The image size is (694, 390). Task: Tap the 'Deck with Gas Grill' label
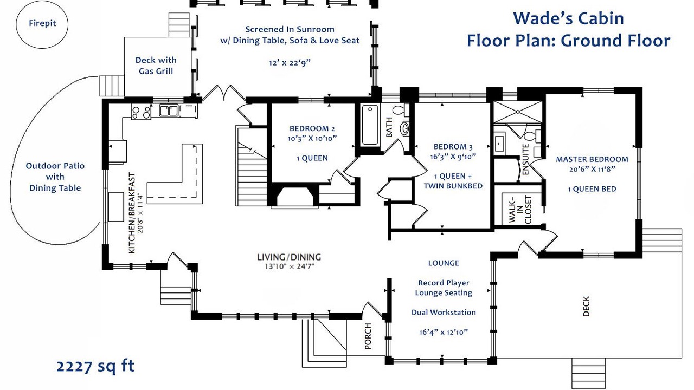click(x=156, y=65)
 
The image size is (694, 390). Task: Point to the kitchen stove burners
click(x=141, y=112)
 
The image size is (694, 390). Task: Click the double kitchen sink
click(x=169, y=111)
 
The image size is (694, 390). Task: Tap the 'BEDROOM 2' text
click(x=312, y=128)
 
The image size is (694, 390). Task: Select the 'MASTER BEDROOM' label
click(x=592, y=159)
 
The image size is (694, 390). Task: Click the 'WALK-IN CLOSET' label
click(x=519, y=210)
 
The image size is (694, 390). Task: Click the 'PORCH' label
click(x=368, y=336)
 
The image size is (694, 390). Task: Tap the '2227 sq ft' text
click(x=95, y=366)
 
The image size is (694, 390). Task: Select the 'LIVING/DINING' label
click(x=289, y=257)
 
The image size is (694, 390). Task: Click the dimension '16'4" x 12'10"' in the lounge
click(x=444, y=331)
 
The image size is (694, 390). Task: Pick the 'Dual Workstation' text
click(x=444, y=313)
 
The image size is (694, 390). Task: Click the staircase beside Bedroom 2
click(x=251, y=168)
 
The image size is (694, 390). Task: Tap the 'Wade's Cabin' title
click(x=568, y=18)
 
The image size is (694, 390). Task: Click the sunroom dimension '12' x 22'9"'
click(x=290, y=63)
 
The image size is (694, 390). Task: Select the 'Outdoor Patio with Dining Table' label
click(x=55, y=177)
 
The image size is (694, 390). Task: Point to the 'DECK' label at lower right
click(x=586, y=306)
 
